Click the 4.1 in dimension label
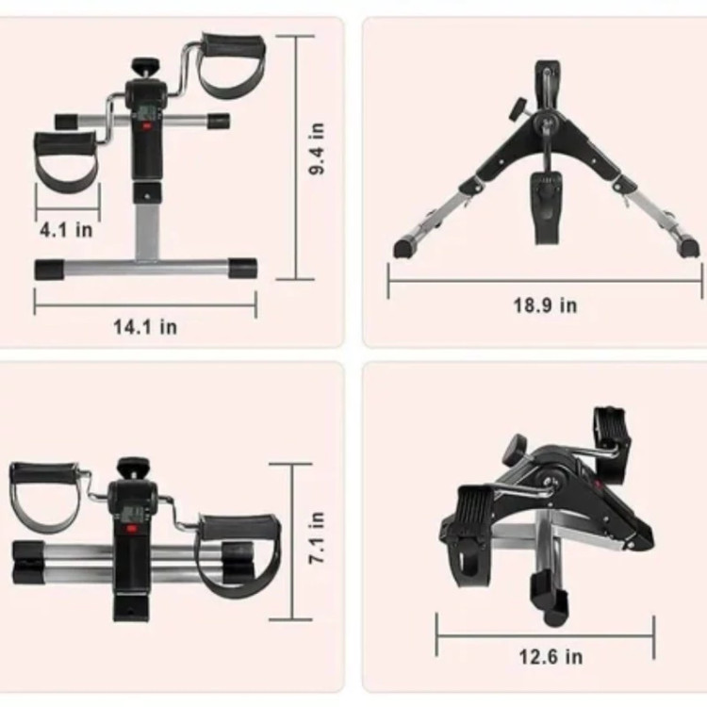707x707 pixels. click(66, 230)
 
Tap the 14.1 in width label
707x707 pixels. click(145, 327)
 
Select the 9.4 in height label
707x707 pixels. click(317, 149)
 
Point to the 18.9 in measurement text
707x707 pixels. click(546, 305)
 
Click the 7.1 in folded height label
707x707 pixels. click(317, 537)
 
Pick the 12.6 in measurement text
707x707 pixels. click(551, 656)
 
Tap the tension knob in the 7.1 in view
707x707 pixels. click(133, 468)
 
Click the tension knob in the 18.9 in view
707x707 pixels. click(518, 108)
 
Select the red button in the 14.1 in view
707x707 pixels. click(145, 126)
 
